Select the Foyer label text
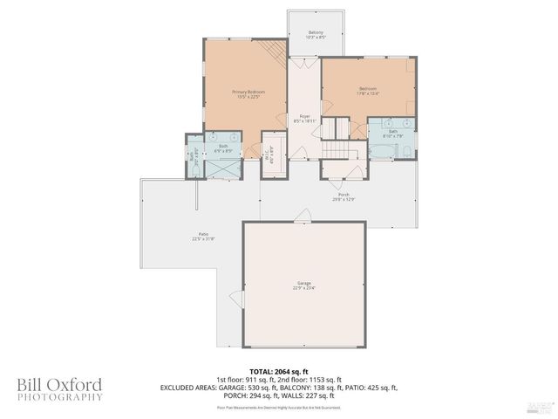pyautogui.click(x=305, y=116)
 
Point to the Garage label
pyautogui.click(x=303, y=283)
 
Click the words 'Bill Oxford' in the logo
pyautogui.click(x=59, y=385)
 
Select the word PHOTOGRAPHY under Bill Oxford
pyautogui.click(x=59, y=397)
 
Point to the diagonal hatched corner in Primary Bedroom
pyautogui.click(x=277, y=51)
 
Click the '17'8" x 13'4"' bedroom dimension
pyautogui.click(x=368, y=94)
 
